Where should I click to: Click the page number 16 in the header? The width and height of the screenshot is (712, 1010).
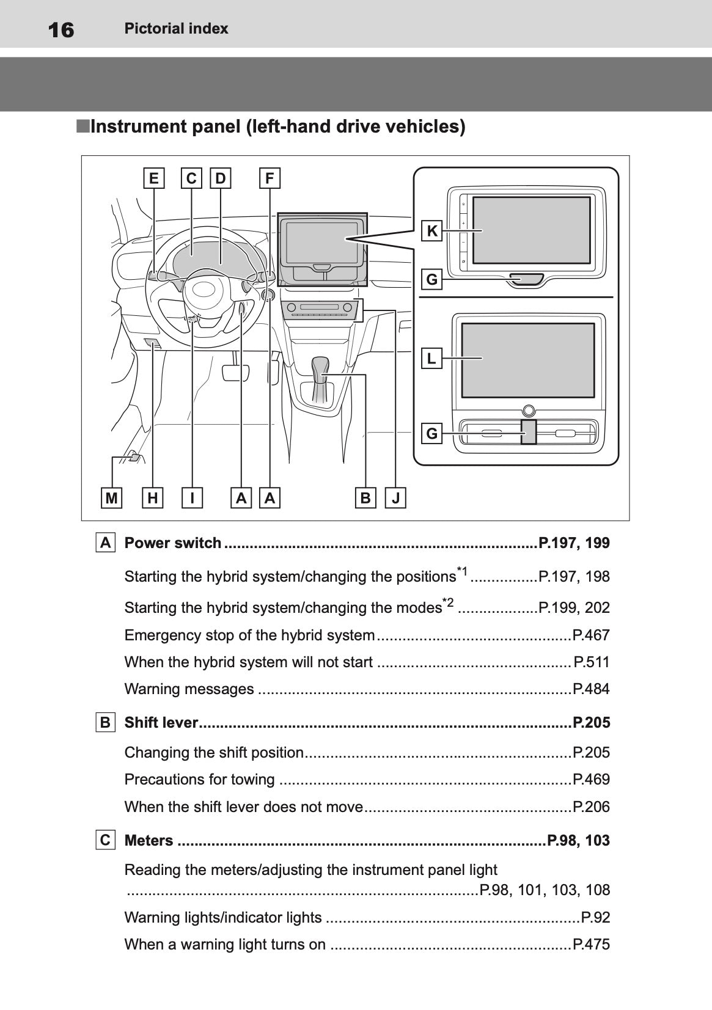point(61,29)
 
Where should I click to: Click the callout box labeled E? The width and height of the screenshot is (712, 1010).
point(153,178)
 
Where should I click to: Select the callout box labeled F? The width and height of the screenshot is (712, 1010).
point(270,178)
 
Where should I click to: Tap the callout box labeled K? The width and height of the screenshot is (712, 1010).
point(432,232)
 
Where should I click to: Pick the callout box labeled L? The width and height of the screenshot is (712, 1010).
point(432,358)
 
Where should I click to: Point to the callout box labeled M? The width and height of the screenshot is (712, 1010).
point(111,498)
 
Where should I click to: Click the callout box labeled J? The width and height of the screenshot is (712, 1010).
point(396,498)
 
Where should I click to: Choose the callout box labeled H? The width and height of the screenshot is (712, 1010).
point(152,498)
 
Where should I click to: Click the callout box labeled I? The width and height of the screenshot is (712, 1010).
point(193,498)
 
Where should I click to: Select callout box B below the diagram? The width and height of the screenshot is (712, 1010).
point(365,498)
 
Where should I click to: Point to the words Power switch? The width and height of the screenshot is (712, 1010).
point(173,543)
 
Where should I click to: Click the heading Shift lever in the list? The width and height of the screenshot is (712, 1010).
point(161,723)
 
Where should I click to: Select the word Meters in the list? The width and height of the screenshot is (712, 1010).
point(149,841)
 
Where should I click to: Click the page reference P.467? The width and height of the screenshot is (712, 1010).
point(591,635)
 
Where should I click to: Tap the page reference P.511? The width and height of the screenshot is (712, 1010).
point(592,662)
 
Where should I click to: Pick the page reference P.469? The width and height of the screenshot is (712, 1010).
point(591,780)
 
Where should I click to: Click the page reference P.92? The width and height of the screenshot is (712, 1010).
point(595,918)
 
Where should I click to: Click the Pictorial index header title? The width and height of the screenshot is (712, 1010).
point(176,29)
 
